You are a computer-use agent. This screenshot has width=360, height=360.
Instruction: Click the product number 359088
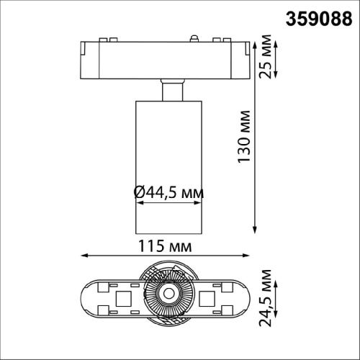click(x=319, y=19)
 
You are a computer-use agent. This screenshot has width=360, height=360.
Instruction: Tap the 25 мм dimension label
click(x=265, y=57)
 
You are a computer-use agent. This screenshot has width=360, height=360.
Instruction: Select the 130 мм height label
click(x=244, y=137)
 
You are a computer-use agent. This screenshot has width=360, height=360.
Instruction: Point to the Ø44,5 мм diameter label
click(x=168, y=192)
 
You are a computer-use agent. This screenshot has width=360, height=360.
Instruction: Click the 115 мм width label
click(x=165, y=246)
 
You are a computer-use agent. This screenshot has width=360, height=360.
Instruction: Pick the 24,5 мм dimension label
click(x=265, y=298)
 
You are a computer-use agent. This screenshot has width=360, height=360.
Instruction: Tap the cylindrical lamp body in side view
click(x=168, y=167)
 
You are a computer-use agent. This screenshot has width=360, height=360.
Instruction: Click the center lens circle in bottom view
click(x=168, y=293)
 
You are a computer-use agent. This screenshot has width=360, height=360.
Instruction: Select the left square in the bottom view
click(x=124, y=299)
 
